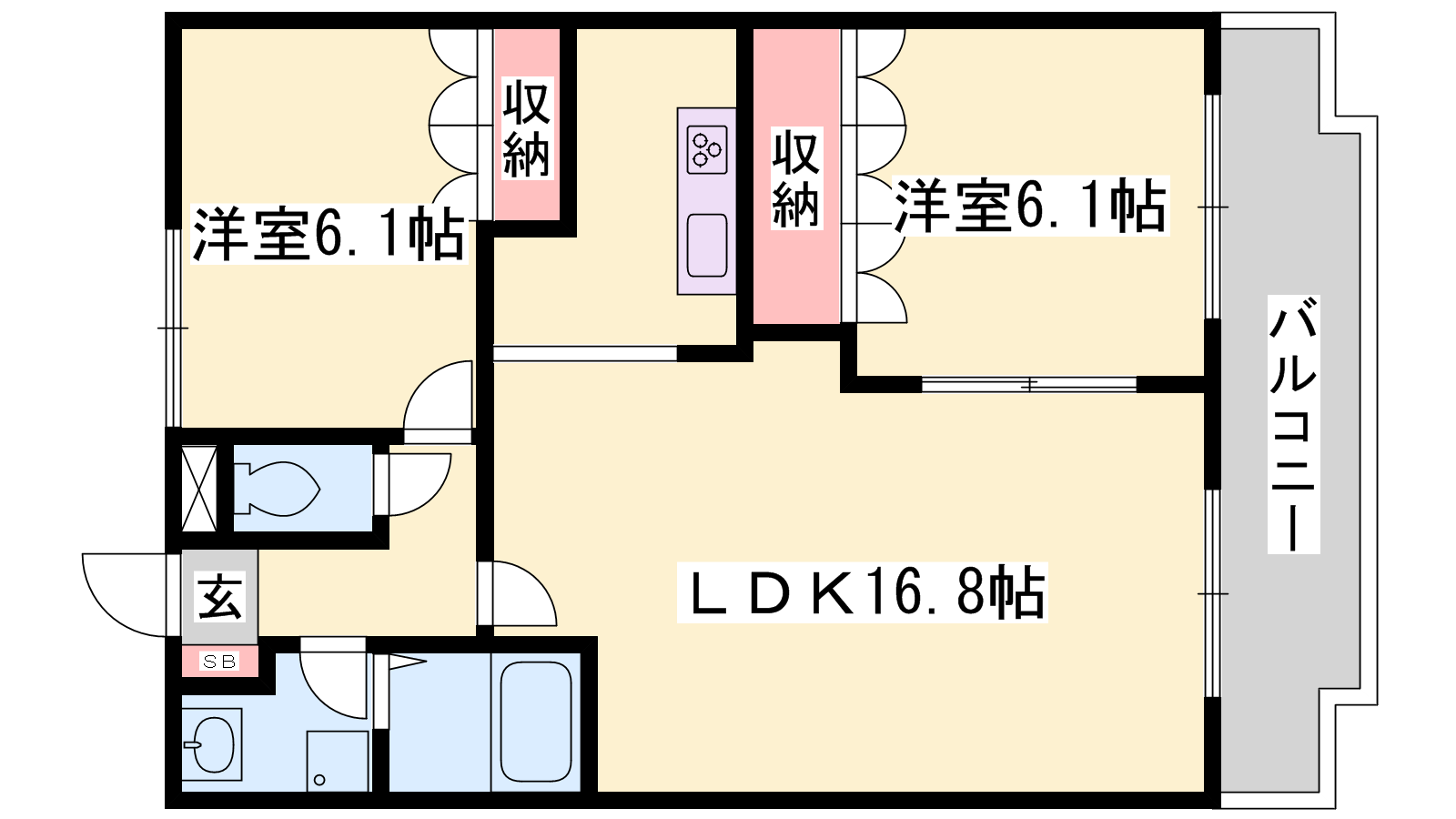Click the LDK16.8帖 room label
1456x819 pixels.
click(862, 592)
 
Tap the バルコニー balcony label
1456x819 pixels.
click(1293, 424)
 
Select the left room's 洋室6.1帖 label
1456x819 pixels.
click(328, 235)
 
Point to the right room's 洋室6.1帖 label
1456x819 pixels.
click(1030, 206)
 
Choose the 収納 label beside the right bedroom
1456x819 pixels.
click(795, 178)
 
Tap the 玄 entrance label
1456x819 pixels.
click(220, 597)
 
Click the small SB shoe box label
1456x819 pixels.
click(219, 662)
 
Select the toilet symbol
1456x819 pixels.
click(278, 489)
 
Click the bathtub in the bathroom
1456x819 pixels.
click(536, 721)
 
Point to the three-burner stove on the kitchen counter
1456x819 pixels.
click(707, 149)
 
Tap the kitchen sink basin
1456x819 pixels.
click(707, 245)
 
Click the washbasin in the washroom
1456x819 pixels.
click(212, 744)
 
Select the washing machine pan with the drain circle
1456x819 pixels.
click(338, 761)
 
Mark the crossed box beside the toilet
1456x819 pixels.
click(199, 489)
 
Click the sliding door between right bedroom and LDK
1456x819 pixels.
click(1028, 385)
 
